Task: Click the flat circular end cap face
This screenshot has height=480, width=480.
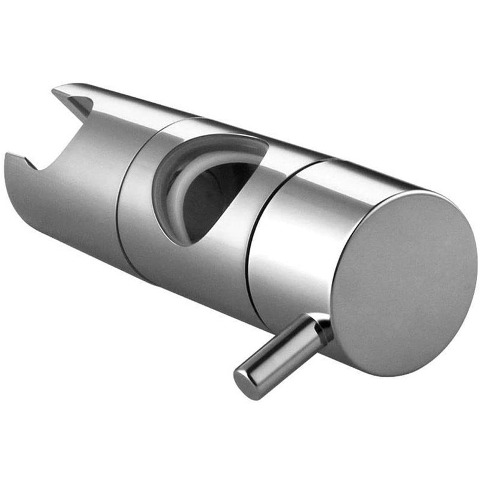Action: click(403, 282)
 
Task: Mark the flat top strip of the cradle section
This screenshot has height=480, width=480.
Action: click(120, 99)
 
